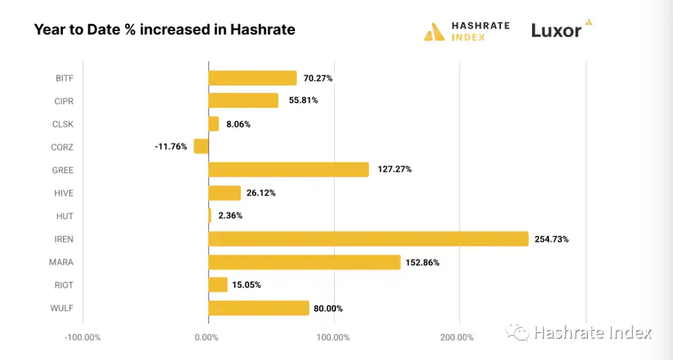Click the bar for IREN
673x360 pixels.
pyautogui.click(x=368, y=239)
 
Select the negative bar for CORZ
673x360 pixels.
pyautogui.click(x=201, y=146)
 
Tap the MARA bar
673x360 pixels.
pyautogui.click(x=304, y=262)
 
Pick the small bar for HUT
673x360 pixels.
pyautogui.click(x=210, y=216)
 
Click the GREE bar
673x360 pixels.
pyautogui.click(x=288, y=169)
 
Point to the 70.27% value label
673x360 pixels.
pyautogui.click(x=318, y=78)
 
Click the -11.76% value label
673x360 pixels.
pyautogui.click(x=171, y=147)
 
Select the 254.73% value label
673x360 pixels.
pyautogui.click(x=551, y=239)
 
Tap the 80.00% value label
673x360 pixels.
pyautogui.click(x=328, y=308)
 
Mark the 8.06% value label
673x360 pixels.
pyautogui.click(x=238, y=125)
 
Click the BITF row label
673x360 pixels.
pyautogui.click(x=64, y=78)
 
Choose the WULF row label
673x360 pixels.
pyautogui.click(x=62, y=308)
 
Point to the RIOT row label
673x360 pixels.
pyautogui.click(x=64, y=285)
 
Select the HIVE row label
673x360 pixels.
pyautogui.click(x=64, y=193)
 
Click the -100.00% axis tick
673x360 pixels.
pyautogui.click(x=82, y=338)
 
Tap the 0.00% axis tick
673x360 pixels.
pyautogui.click(x=207, y=338)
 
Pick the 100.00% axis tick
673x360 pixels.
pyautogui.click(x=333, y=338)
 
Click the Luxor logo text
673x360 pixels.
pyautogui.click(x=556, y=30)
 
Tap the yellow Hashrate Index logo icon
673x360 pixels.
pyautogui.click(x=434, y=31)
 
